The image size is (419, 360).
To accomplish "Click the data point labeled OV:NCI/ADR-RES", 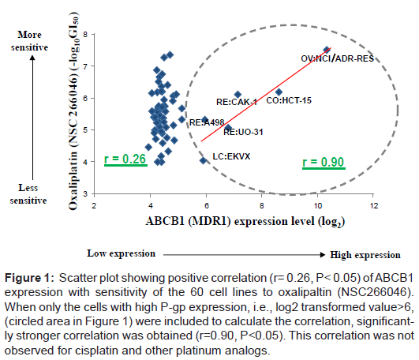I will tap(327, 50).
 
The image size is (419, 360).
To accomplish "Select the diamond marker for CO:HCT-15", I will tap(279, 92).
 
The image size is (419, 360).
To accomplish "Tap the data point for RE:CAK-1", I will tap(238, 95).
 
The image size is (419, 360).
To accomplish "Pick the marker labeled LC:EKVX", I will tap(204, 160).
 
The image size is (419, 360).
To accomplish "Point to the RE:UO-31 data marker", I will tap(229, 127).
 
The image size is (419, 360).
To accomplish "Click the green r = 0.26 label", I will tap(126, 160).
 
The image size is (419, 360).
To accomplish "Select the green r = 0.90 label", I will tap(324, 163).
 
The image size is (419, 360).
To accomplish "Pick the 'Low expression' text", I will tap(119, 254).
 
